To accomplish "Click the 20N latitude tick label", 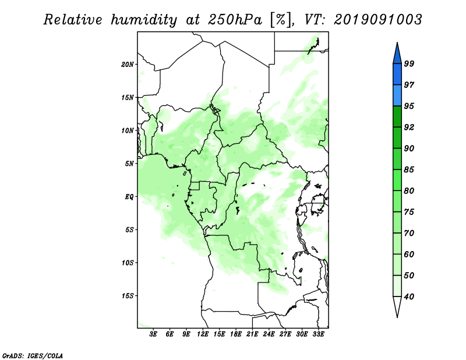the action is pyautogui.click(x=128, y=65).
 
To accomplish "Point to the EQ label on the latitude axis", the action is pyautogui.click(x=129, y=197).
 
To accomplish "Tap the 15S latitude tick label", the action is pyautogui.click(x=128, y=296).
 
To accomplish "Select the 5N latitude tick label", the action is pyautogui.click(x=129, y=164).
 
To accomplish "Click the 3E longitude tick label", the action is pyautogui.click(x=153, y=334).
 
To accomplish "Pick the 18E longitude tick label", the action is pyautogui.click(x=236, y=334).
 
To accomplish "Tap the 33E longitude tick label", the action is pyautogui.click(x=318, y=334).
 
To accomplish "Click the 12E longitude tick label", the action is pyautogui.click(x=203, y=334).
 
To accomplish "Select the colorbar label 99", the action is pyautogui.click(x=409, y=63).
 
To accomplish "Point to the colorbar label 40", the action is pyautogui.click(x=409, y=297).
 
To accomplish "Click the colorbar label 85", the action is pyautogui.click(x=409, y=170).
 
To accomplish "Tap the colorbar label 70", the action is pyautogui.click(x=409, y=233).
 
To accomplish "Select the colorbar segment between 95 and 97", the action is pyautogui.click(x=397, y=96).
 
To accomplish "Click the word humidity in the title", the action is pyautogui.click(x=144, y=20).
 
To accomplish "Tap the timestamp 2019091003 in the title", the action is pyautogui.click(x=377, y=20).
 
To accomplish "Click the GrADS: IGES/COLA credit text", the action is pyautogui.click(x=33, y=355).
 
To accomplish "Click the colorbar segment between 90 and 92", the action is pyautogui.click(x=397, y=137).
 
